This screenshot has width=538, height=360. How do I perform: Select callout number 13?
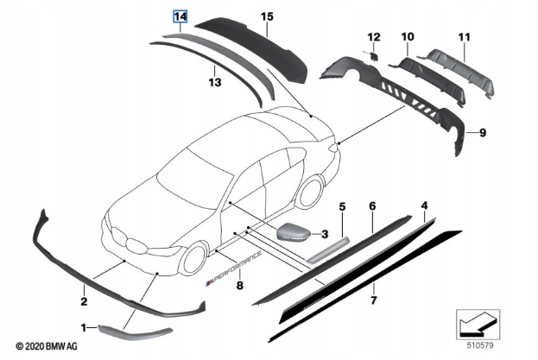click(214, 82)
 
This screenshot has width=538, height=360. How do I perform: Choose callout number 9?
click(483, 132)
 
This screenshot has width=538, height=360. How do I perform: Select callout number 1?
click(84, 328)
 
